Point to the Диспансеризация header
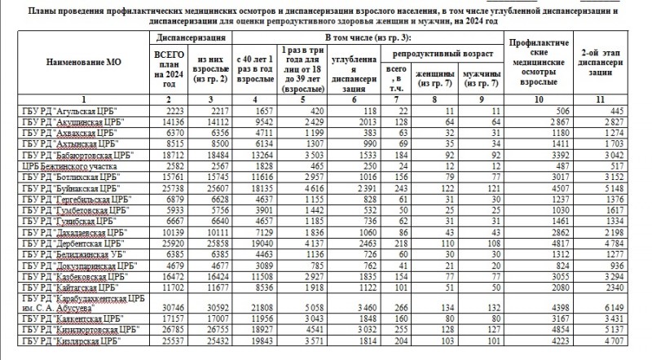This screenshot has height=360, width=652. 190,37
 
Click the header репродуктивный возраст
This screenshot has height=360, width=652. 441,51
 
